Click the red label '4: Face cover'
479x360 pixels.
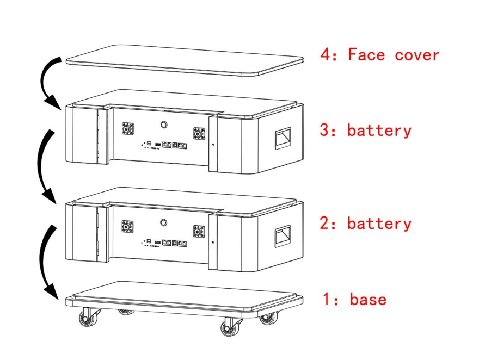pos(380,55)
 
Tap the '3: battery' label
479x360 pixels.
pos(366,131)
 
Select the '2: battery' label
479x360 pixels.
pos(366,224)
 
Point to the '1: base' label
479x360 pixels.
pos(355,299)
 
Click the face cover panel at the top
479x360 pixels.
pos(185,60)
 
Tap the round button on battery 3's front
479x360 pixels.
pos(164,125)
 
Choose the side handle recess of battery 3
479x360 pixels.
pos(283,138)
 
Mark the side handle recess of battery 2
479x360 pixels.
pos(283,236)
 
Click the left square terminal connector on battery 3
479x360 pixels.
pos(128,129)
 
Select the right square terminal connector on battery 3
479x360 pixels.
pos(199,134)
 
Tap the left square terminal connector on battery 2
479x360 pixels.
pos(127,226)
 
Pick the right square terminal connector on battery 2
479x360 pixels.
pos(199,231)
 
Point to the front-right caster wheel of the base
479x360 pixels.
pos(231,327)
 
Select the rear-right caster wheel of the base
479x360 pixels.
pos(269,318)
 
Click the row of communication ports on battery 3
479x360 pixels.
pos(174,145)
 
